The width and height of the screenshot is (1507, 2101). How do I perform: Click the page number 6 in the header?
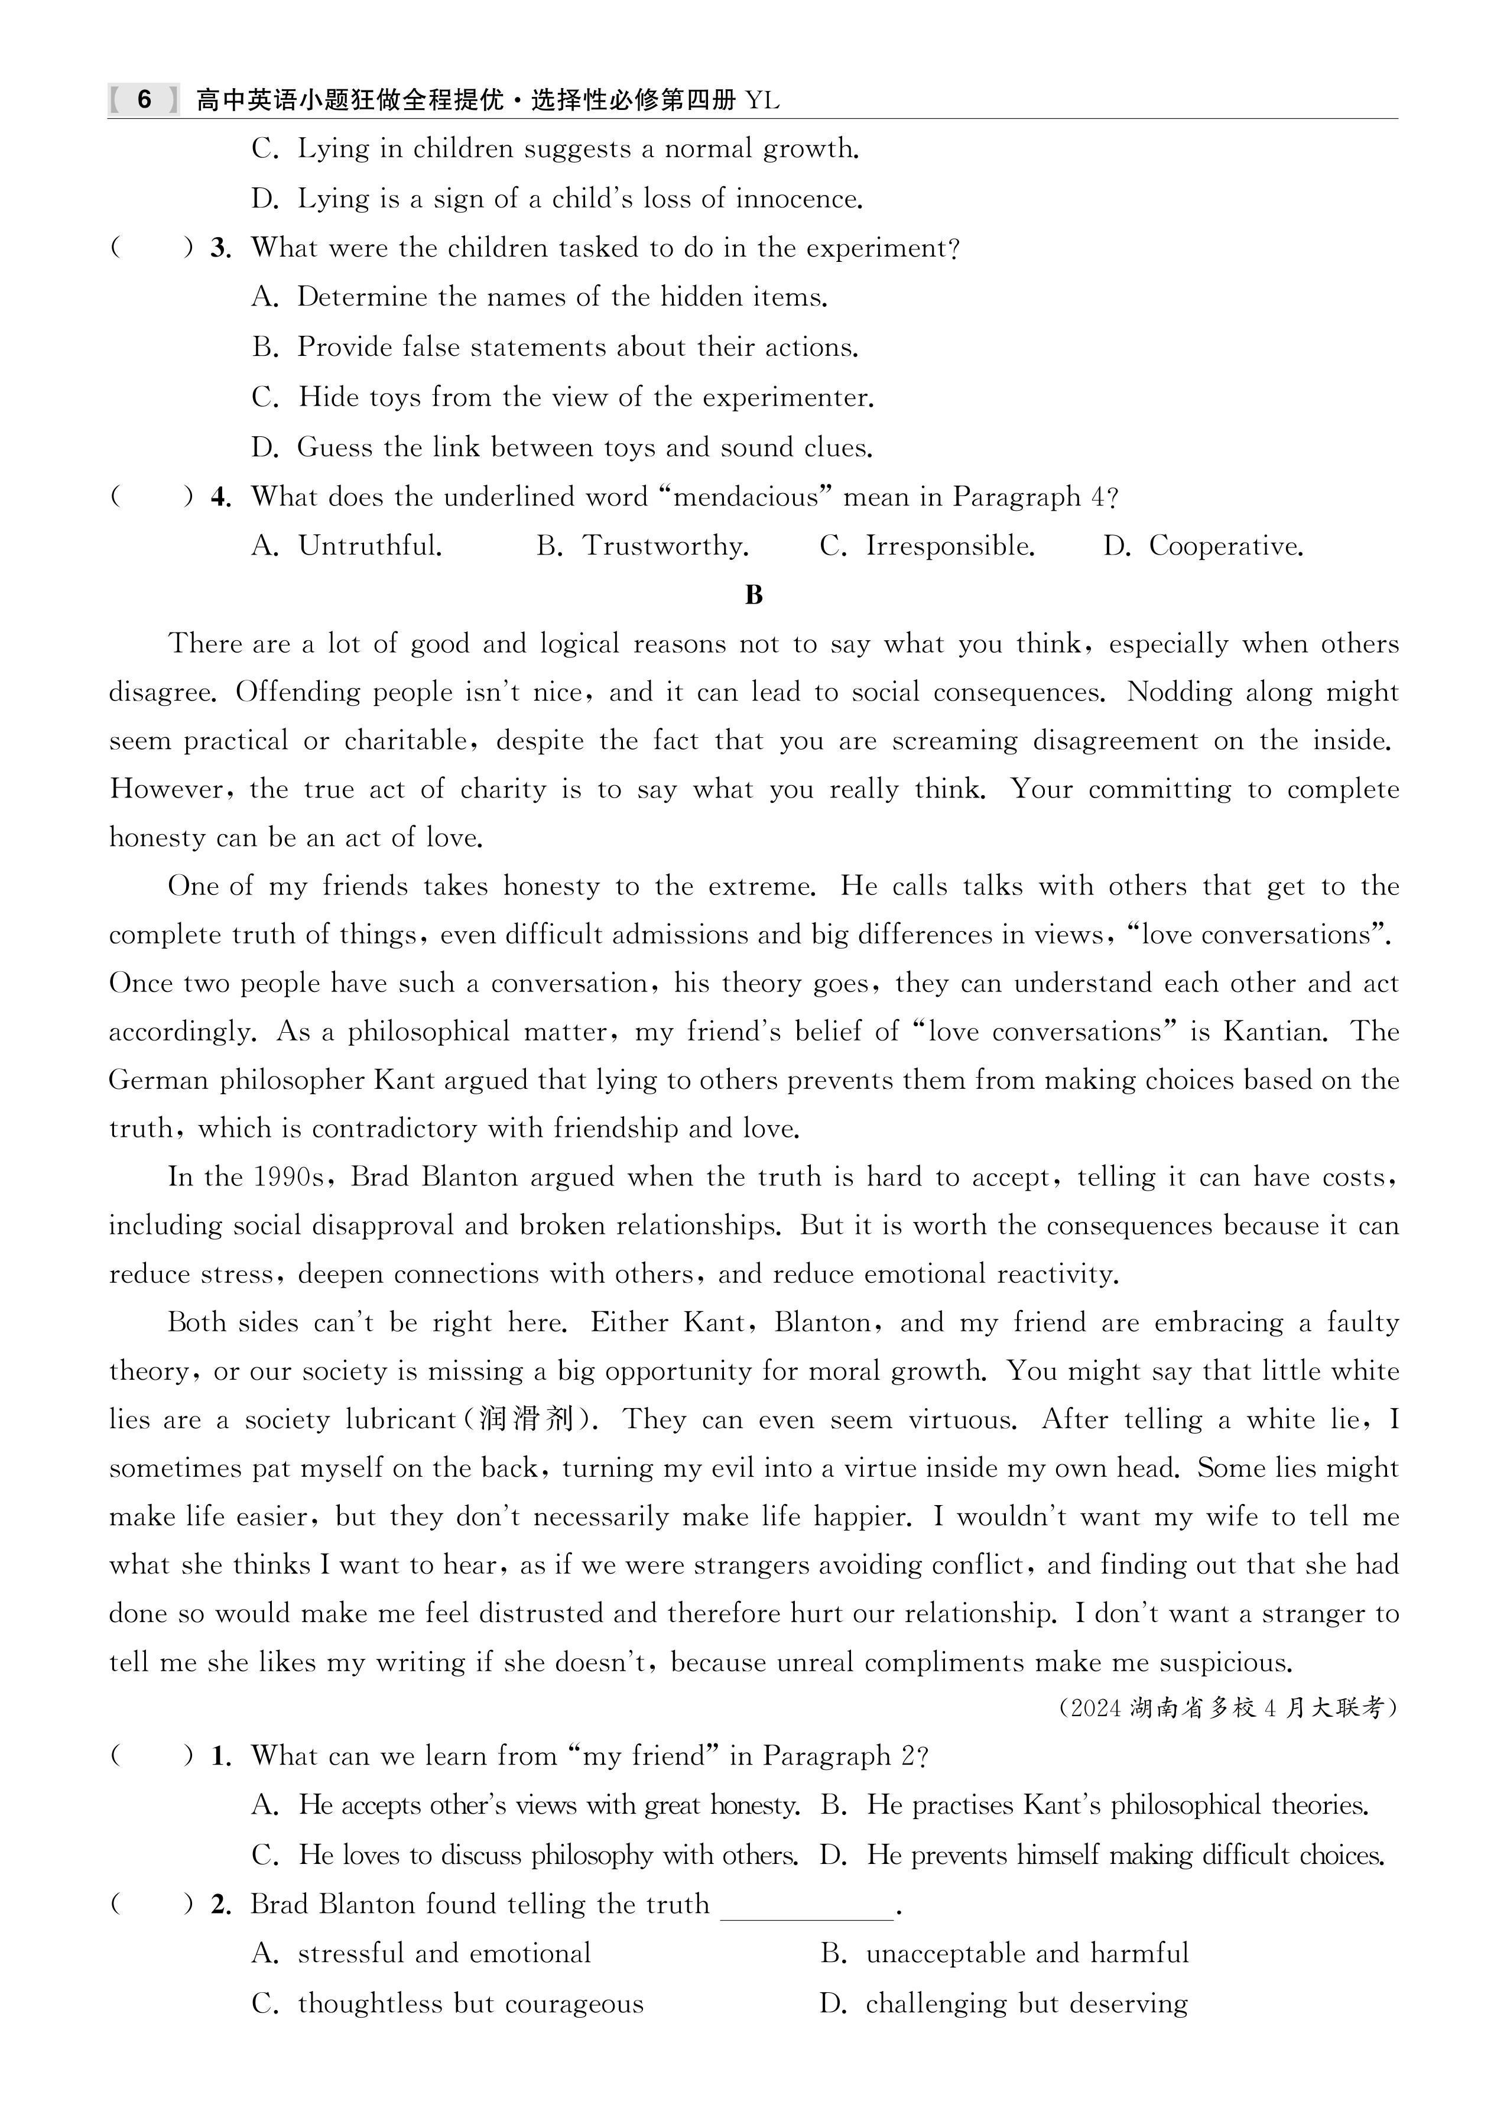click(144, 99)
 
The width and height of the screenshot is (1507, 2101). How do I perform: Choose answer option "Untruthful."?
click(369, 547)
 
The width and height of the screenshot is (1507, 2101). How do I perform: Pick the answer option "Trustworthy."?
click(665, 547)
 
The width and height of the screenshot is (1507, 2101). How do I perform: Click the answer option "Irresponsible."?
click(949, 547)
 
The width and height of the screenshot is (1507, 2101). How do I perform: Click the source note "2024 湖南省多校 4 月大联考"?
click(1226, 1707)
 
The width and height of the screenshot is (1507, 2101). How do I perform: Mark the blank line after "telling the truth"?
click(807, 1905)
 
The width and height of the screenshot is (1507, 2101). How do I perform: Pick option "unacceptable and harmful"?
click(1027, 1954)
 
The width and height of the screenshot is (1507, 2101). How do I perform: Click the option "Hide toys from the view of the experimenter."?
click(586, 397)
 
